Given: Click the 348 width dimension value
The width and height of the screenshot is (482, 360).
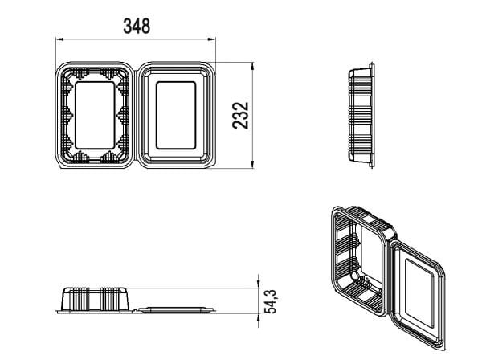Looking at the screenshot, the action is pyautogui.click(x=137, y=27).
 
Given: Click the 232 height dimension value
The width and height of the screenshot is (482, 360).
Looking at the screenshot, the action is pyautogui.click(x=240, y=115).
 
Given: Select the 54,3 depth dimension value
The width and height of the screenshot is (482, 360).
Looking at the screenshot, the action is pyautogui.click(x=271, y=302).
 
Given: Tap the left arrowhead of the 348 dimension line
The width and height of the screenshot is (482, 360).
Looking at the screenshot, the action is pyautogui.click(x=59, y=39).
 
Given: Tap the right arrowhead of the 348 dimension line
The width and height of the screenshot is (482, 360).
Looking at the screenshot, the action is pyautogui.click(x=212, y=39).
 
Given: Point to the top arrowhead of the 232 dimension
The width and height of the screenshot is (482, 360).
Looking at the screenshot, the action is pyautogui.click(x=252, y=67).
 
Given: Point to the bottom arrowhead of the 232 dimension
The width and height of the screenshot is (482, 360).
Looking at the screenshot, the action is pyautogui.click(x=252, y=164).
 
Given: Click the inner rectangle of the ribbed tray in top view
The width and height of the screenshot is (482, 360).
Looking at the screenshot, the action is pyautogui.click(x=95, y=115).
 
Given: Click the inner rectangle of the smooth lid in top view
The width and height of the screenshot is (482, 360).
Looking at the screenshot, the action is pyautogui.click(x=176, y=115).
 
